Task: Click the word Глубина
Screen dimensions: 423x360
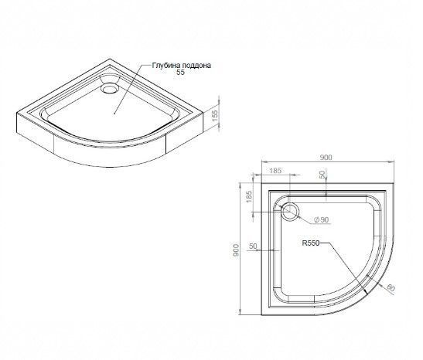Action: coord(166,66)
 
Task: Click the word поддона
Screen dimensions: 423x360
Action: coord(196,66)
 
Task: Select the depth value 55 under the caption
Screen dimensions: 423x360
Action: coord(181,72)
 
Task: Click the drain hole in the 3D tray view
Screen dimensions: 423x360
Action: coord(110,89)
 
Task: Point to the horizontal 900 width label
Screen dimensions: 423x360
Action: coord(326,158)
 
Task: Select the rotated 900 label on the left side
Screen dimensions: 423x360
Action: coord(236,250)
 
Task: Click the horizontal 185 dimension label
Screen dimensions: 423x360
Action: coord(275,170)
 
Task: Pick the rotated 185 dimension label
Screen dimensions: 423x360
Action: coord(249,197)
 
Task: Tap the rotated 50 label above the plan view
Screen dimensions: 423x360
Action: coord(322,175)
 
